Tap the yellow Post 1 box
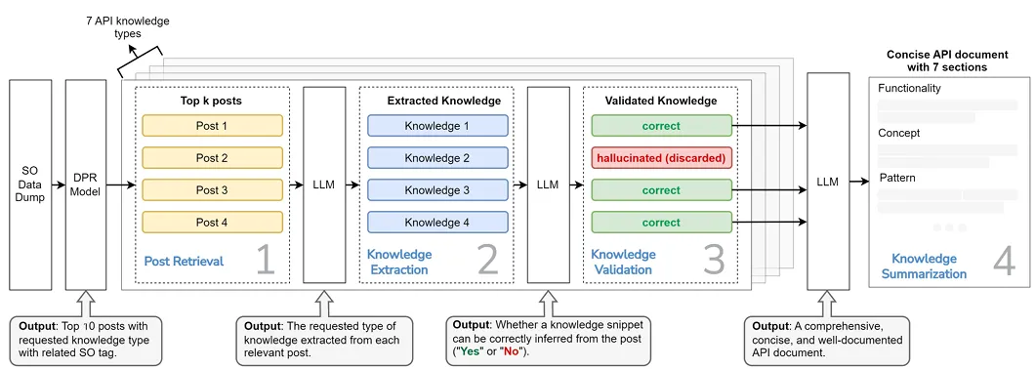[212, 125]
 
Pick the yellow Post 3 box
[212, 190]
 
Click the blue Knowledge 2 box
[437, 158]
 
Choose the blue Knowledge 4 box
[437, 223]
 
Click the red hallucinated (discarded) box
[661, 158]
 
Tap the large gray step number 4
[1004, 262]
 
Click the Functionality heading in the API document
[910, 89]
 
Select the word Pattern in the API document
[897, 178]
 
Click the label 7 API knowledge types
[127, 26]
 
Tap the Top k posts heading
[212, 102]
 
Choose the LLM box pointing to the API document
[828, 181]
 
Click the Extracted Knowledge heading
[443, 102]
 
